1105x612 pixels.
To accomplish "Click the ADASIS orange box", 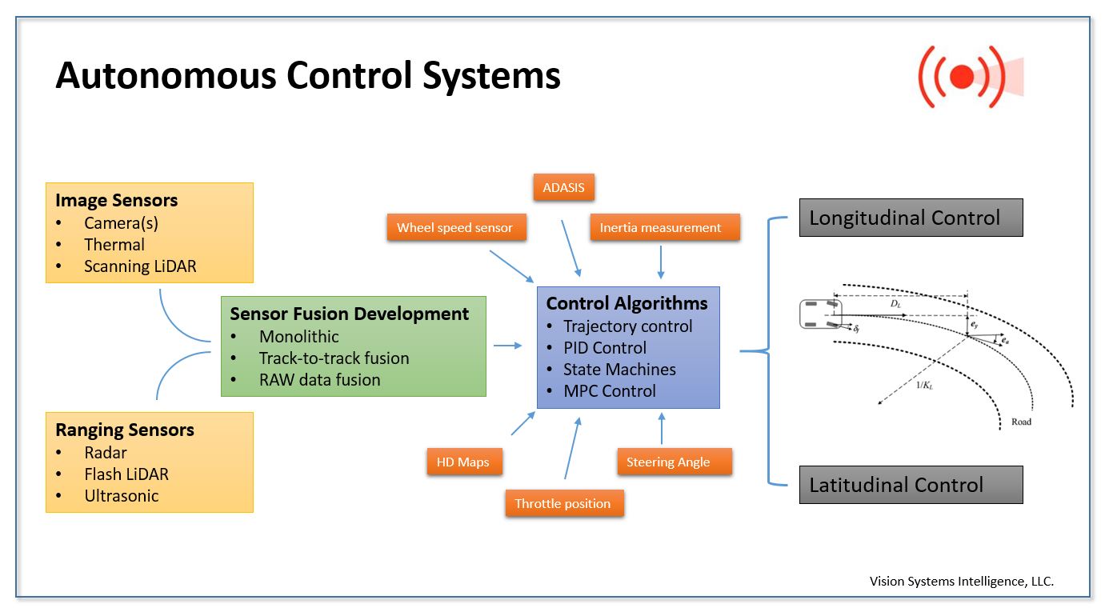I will click(564, 188).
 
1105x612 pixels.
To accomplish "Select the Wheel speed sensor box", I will click(454, 227).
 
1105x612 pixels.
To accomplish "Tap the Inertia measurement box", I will click(660, 227).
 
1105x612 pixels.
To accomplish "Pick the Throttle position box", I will click(563, 503).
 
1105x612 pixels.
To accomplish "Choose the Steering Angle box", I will click(667, 462).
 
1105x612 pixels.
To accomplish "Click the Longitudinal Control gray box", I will click(911, 218).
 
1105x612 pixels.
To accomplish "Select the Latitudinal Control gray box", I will click(911, 485).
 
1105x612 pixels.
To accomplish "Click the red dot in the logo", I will click(962, 76).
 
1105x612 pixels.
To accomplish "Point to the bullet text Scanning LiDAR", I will click(140, 266).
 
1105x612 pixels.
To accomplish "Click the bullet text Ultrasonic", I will click(122, 495).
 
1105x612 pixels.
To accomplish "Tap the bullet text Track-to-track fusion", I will click(334, 358).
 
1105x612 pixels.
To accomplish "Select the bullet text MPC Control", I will click(610, 391).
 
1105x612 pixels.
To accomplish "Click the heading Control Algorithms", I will click(627, 304).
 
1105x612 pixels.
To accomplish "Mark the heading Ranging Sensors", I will click(125, 430).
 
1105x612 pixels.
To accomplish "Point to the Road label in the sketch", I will click(1021, 422).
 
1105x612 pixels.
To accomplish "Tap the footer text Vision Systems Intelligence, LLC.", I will click(962, 582).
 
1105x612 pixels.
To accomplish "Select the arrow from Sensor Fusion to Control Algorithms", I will click(506, 346).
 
